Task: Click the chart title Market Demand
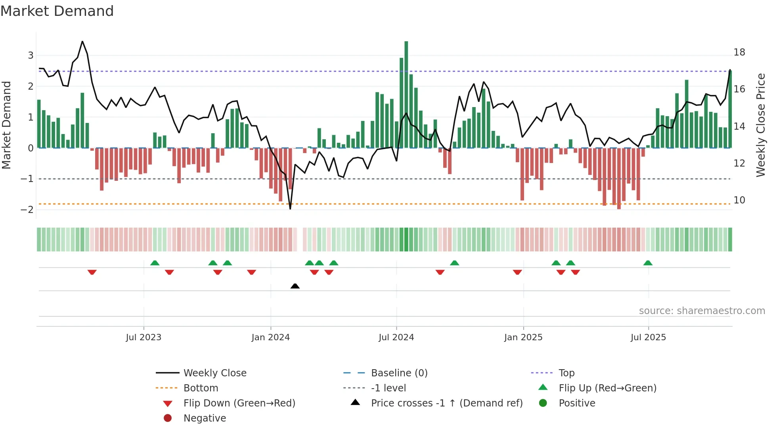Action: (x=57, y=11)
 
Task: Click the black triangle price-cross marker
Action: (x=295, y=286)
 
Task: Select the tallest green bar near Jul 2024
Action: (x=406, y=94)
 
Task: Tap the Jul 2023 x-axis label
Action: (x=144, y=337)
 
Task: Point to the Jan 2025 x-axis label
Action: (x=523, y=337)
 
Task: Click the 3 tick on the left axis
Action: (x=31, y=56)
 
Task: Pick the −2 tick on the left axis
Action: (x=27, y=210)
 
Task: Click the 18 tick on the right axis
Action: (x=739, y=52)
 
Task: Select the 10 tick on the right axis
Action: (x=739, y=200)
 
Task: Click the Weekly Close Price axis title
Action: (x=760, y=125)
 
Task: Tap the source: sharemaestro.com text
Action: (x=702, y=311)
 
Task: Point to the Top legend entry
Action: (x=566, y=373)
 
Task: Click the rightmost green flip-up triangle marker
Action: (x=648, y=263)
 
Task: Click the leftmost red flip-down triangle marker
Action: (x=92, y=272)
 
